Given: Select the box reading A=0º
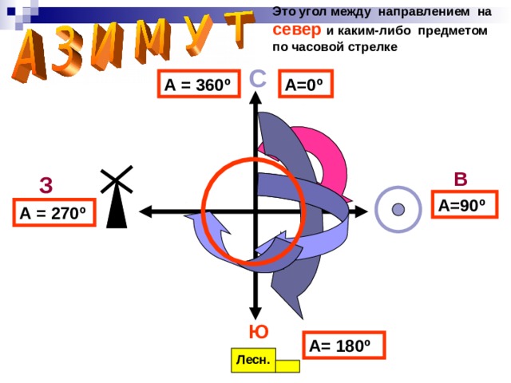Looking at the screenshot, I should [x=304, y=85].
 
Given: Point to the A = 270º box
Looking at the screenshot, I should [x=53, y=213].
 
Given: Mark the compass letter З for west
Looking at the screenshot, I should [x=46, y=186].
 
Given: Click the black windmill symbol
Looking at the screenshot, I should [x=117, y=199].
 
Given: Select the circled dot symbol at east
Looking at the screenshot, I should [x=398, y=210].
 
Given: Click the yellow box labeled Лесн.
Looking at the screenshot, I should [x=252, y=361].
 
